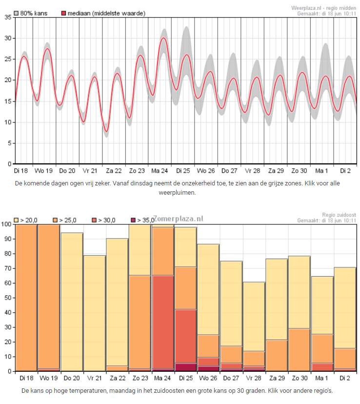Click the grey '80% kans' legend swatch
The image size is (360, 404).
(x=16, y=13)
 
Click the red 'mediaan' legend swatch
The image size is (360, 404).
(x=63, y=13)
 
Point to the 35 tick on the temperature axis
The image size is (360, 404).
(x=8, y=17)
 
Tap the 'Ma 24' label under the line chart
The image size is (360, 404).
(x=160, y=171)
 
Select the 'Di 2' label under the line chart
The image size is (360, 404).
(x=345, y=171)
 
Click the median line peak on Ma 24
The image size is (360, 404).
(x=163, y=38)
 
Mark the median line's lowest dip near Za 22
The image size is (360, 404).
(x=107, y=131)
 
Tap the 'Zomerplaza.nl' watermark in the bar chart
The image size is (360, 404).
(x=178, y=219)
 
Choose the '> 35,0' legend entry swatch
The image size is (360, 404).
(x=133, y=220)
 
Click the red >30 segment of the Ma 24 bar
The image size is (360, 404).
(x=163, y=322)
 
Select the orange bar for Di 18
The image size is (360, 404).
(x=26, y=298)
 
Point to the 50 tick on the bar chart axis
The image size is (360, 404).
(x=7, y=298)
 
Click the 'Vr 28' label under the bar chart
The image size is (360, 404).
(x=253, y=378)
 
